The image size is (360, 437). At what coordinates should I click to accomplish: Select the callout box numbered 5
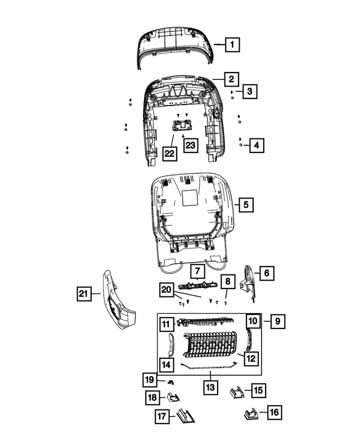[x=245, y=205]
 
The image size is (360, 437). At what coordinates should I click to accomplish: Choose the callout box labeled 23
[x=190, y=146]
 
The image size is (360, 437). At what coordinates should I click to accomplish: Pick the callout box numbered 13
[x=209, y=388]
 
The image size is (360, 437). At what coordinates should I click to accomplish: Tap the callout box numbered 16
[x=274, y=413]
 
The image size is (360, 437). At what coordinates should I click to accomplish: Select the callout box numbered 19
[x=148, y=380]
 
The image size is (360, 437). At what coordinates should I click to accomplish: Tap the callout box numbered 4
[x=256, y=146]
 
